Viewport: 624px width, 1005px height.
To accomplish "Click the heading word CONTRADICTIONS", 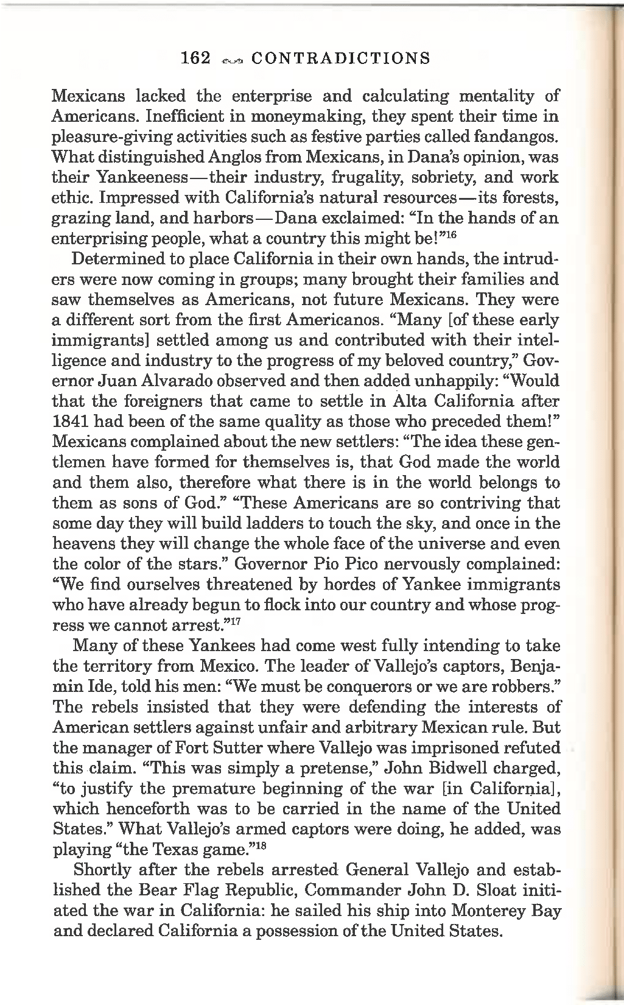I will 340,58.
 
